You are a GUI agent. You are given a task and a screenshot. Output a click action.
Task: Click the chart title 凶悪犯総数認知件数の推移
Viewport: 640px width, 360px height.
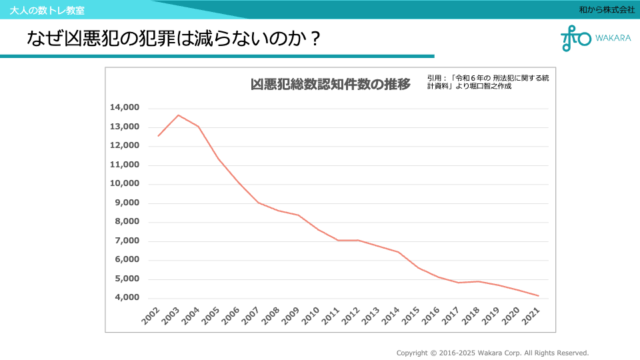click(x=330, y=85)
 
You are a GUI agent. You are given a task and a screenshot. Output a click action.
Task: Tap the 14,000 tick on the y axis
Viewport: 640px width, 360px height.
click(x=125, y=107)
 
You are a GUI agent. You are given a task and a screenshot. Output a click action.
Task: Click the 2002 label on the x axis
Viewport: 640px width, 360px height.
click(x=151, y=316)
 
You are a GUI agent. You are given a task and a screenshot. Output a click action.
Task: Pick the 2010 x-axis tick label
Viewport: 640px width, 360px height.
click(x=311, y=316)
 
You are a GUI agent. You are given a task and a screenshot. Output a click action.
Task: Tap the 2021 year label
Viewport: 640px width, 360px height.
click(x=531, y=316)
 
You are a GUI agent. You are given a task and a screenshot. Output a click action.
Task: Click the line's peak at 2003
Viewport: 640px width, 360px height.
click(x=178, y=115)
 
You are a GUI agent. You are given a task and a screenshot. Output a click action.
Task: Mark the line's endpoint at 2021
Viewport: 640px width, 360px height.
click(x=538, y=295)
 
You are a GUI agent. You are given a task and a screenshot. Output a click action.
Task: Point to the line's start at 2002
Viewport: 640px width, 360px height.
click(x=158, y=136)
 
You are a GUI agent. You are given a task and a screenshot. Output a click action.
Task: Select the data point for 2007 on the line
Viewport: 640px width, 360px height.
click(x=258, y=203)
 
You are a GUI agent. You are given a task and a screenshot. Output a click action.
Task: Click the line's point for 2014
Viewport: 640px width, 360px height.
click(x=398, y=252)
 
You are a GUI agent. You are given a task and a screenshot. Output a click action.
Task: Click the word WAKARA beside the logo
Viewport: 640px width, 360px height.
click(x=613, y=38)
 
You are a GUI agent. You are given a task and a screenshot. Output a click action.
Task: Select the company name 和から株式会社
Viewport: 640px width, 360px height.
click(x=607, y=10)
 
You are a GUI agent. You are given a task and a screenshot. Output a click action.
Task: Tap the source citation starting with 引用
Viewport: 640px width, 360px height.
click(x=487, y=81)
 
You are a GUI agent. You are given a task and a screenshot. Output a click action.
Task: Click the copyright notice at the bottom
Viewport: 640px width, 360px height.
click(x=493, y=353)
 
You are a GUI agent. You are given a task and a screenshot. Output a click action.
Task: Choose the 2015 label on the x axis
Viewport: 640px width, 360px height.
click(x=411, y=316)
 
